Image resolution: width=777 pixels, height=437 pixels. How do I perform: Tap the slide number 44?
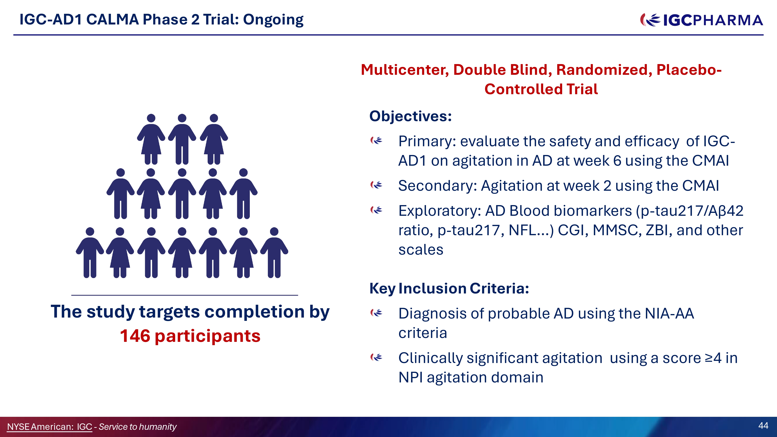pos(763,426)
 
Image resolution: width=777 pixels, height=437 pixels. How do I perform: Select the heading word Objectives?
pos(410,116)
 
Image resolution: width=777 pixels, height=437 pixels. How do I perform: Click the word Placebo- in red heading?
pos(689,70)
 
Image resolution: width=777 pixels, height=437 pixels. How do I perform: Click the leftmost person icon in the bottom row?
pos(90,252)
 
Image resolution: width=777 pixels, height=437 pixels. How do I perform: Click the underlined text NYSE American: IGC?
pos(50,427)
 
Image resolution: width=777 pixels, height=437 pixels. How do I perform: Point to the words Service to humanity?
pos(138,427)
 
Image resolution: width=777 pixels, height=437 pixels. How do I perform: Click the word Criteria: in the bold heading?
pos(499,288)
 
